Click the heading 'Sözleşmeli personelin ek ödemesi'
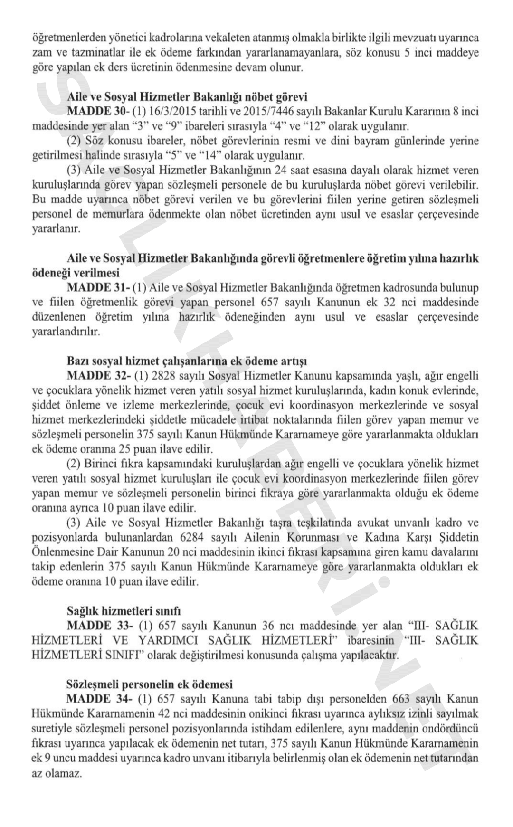[150, 684]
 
